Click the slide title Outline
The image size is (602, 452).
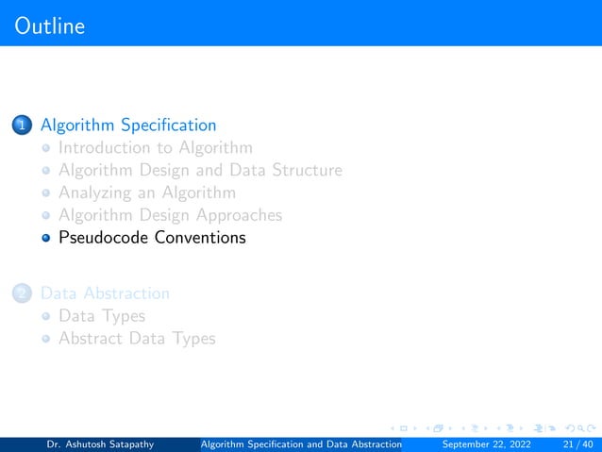pyautogui.click(x=50, y=25)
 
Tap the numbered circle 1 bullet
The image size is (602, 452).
pyautogui.click(x=22, y=125)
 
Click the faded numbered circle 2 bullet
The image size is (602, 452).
pyautogui.click(x=22, y=293)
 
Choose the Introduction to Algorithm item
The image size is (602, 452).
pyautogui.click(x=155, y=147)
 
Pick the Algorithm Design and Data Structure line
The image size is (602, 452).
pyautogui.click(x=199, y=170)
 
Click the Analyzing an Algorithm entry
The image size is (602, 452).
pyautogui.click(x=146, y=193)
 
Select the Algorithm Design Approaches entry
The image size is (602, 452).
pyautogui.click(x=170, y=215)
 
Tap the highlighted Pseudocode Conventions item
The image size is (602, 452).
pyautogui.click(x=151, y=238)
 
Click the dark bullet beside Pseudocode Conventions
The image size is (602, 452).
pyautogui.click(x=44, y=238)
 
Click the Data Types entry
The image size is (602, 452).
pyautogui.click(x=101, y=316)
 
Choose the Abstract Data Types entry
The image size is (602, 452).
pyautogui.click(x=136, y=339)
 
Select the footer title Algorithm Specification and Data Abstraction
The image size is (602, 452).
pyautogui.click(x=303, y=443)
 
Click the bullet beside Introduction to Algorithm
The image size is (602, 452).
pyautogui.click(x=44, y=148)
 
